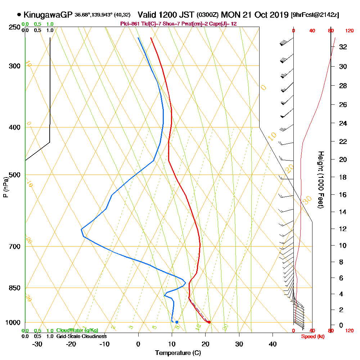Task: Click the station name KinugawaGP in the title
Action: (x=48, y=15)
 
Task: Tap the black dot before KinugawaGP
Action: (x=19, y=15)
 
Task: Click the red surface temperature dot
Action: (x=209, y=322)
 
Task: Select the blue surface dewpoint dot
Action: (x=177, y=322)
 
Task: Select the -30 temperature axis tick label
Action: (x=37, y=344)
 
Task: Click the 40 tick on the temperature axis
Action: (x=273, y=344)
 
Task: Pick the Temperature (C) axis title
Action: (x=178, y=353)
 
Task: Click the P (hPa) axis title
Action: (x=5, y=187)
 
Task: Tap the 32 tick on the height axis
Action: (x=343, y=47)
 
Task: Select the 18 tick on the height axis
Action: (x=343, y=177)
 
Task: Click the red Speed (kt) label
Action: (x=312, y=336)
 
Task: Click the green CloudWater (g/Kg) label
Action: (x=77, y=330)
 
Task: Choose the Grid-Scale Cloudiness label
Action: (x=81, y=336)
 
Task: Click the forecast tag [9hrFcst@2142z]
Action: (x=315, y=15)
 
